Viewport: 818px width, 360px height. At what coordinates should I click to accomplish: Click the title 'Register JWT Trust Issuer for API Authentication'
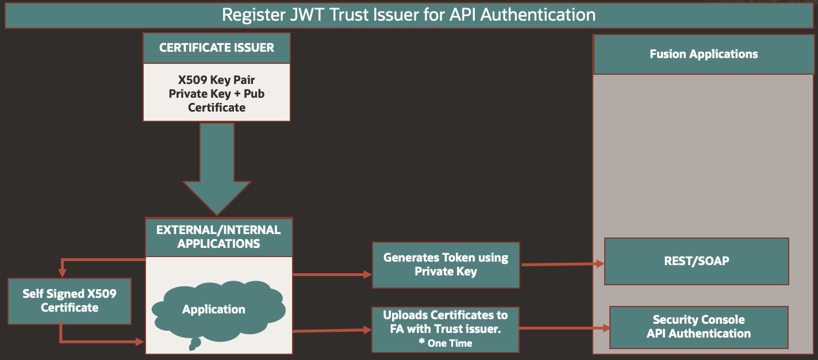point(408,14)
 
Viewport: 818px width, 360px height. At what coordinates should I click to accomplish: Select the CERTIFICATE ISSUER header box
point(217,48)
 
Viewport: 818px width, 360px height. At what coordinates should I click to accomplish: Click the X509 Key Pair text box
point(217,93)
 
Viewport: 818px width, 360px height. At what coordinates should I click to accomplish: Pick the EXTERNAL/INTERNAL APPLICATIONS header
point(218,237)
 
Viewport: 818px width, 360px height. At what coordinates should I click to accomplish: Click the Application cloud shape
point(214,309)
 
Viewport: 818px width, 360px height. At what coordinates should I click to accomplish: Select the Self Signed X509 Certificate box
point(70,301)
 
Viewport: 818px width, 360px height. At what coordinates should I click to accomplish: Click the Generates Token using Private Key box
point(446,265)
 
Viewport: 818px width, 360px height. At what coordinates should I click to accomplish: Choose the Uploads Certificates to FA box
point(446,323)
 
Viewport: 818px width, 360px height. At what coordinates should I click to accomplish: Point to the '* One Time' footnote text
point(446,343)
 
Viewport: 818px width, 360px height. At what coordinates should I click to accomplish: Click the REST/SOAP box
point(696,261)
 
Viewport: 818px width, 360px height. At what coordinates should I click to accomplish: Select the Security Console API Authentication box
point(698,327)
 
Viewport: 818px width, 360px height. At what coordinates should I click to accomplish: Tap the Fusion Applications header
point(704,54)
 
